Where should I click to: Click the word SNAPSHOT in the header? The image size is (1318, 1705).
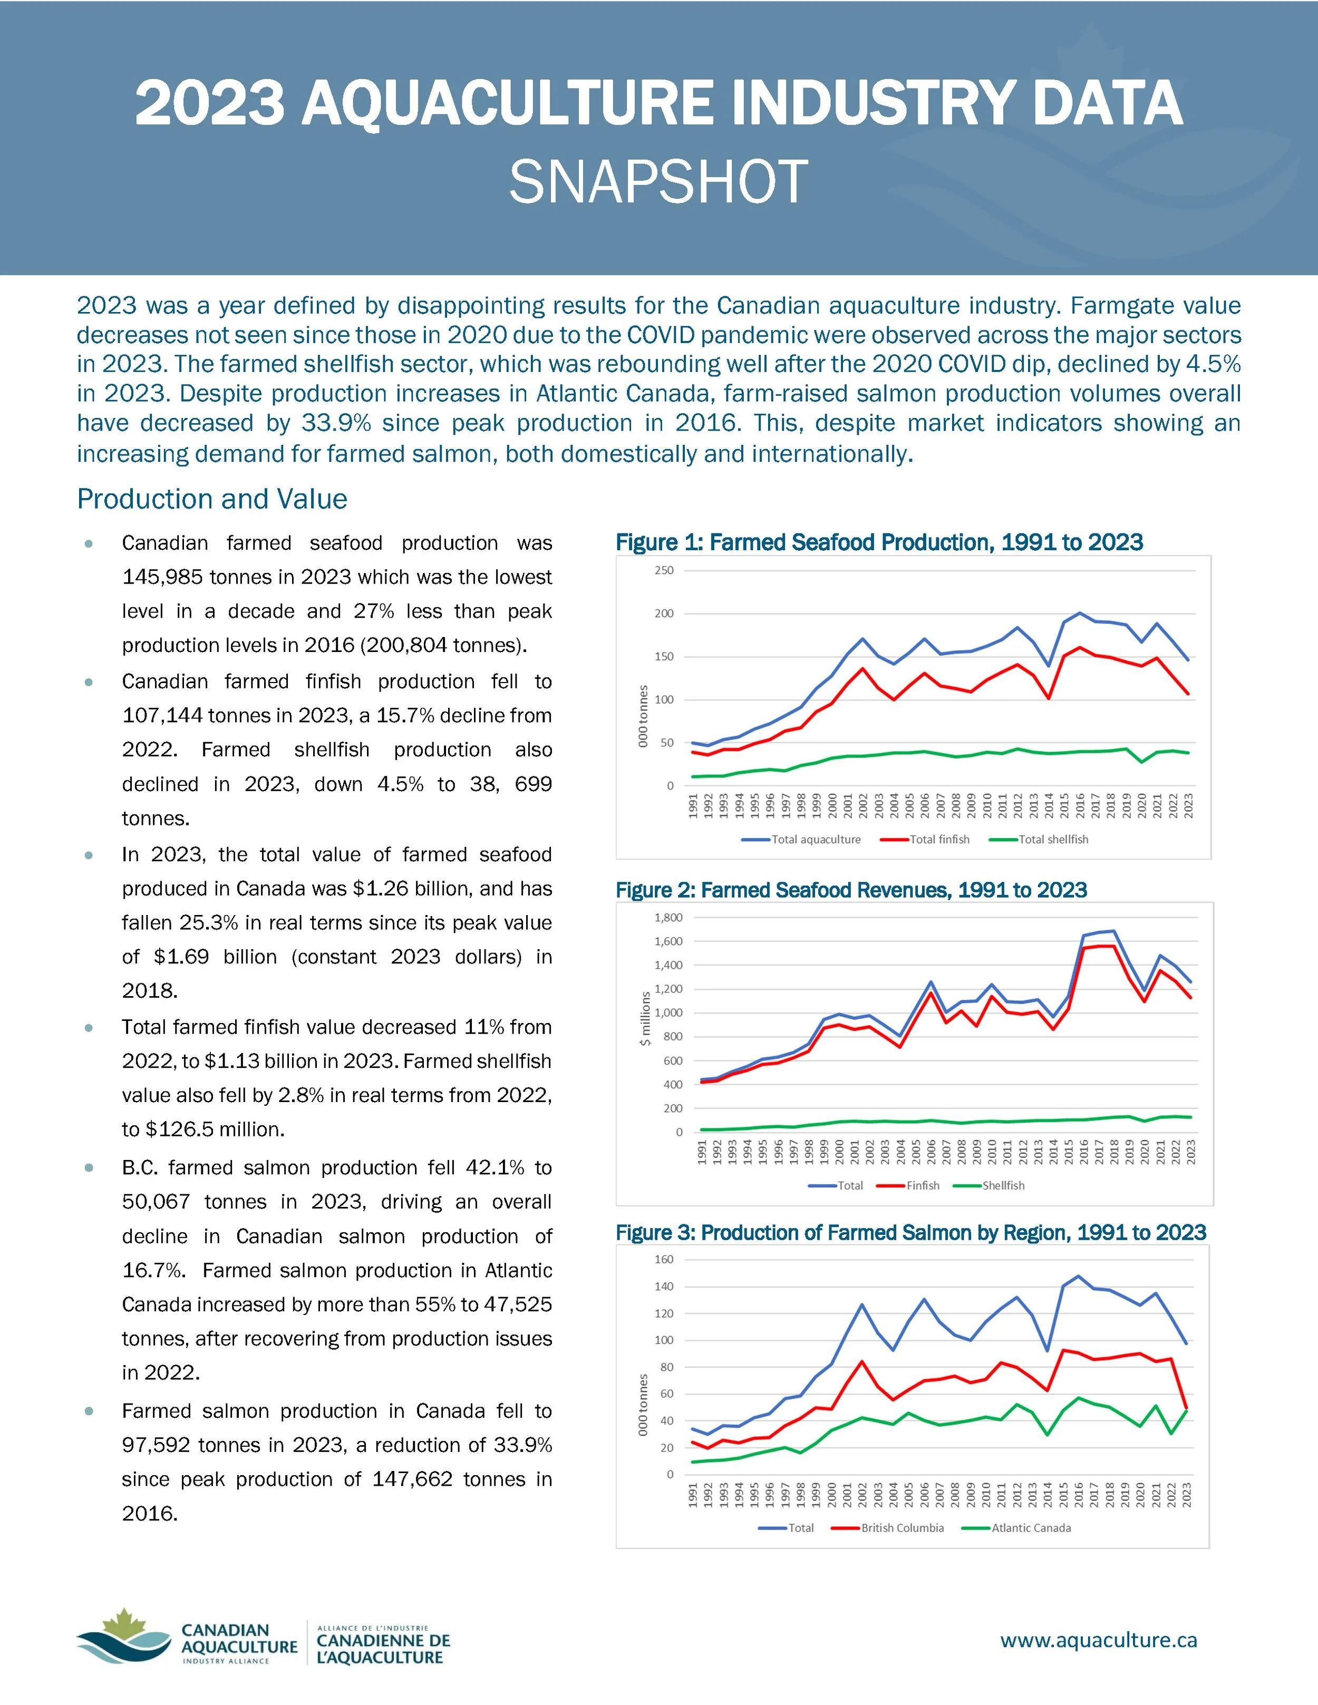coord(658,182)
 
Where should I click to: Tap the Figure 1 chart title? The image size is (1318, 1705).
coord(879,542)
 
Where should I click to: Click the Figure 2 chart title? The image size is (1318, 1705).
coord(851,890)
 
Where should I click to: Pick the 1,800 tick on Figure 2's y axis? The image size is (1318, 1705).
coord(668,917)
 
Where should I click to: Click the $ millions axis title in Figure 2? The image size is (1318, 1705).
coord(645,1019)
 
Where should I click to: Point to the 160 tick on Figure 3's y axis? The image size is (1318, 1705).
coord(664,1259)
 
